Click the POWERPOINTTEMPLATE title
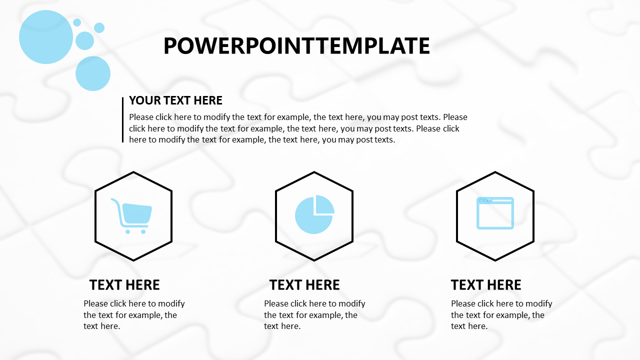tap(296, 45)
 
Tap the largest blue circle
tap(46, 37)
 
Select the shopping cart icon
tap(131, 215)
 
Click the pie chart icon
tap(314, 214)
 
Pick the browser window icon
tap(495, 213)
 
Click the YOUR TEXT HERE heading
tap(175, 100)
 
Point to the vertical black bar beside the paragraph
tap(123, 119)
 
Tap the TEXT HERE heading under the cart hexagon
tap(124, 285)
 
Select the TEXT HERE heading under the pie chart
tap(304, 285)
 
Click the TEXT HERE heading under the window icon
tap(486, 285)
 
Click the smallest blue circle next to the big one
tap(77, 22)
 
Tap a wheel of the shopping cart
tap(127, 231)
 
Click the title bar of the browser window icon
tap(495, 200)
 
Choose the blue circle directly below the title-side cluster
tap(93, 73)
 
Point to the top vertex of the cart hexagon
tap(133, 172)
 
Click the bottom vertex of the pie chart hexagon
tap(314, 260)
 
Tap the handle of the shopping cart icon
tap(115, 203)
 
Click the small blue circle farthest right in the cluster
tap(99, 27)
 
